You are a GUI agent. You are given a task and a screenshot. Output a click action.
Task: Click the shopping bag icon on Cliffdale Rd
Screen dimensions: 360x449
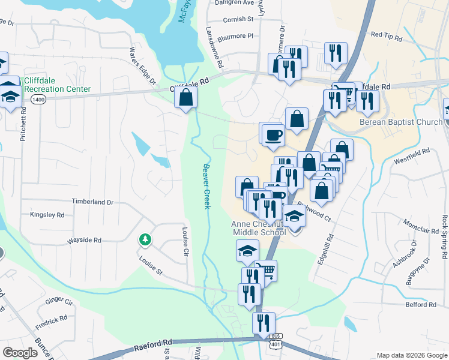(186, 97)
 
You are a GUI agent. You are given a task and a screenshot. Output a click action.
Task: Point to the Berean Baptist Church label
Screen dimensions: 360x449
(401, 122)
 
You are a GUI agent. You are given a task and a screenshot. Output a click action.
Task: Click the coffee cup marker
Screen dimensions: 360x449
(273, 136)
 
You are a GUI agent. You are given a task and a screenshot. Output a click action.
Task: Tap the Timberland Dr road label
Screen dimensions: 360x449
(92, 202)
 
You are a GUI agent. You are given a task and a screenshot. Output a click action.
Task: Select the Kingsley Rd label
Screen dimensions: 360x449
(47, 214)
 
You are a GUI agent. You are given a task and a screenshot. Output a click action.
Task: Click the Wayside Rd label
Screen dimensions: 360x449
(85, 239)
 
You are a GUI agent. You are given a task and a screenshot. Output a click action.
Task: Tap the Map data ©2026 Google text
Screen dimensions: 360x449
(411, 355)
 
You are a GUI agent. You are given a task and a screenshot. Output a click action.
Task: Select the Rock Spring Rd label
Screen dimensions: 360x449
(444, 236)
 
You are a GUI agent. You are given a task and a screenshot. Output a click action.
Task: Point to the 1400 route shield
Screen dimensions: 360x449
(39, 99)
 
